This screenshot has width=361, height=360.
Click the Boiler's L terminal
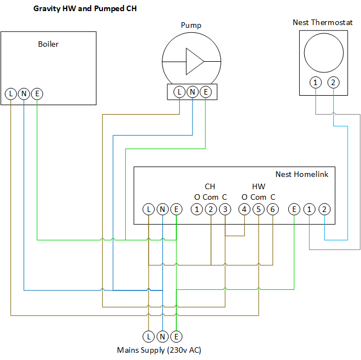pos(11,94)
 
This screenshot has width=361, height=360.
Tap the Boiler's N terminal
pos(24,94)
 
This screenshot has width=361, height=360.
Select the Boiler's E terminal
pos(37,94)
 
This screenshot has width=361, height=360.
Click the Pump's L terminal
pos(179,91)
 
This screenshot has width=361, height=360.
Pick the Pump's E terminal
pos(206,91)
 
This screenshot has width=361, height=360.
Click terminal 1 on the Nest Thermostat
pos(316,83)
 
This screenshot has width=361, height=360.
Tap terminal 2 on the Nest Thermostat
pos(333,83)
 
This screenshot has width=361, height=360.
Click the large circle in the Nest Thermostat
pos(324,51)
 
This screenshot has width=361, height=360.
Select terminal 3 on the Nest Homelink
pos(225,209)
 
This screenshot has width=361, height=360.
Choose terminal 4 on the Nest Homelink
pos(244,209)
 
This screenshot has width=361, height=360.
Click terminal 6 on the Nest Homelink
pos(273,209)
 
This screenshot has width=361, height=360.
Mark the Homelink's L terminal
pos(149,209)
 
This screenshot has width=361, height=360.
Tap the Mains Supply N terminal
pos(162,336)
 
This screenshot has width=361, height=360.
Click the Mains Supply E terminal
pos(176,336)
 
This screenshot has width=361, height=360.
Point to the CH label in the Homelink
pos(210,186)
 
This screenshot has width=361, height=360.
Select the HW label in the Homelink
pos(259,186)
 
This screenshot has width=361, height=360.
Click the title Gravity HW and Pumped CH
pos(85,9)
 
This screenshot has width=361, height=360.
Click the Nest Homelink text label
pos(301,174)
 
